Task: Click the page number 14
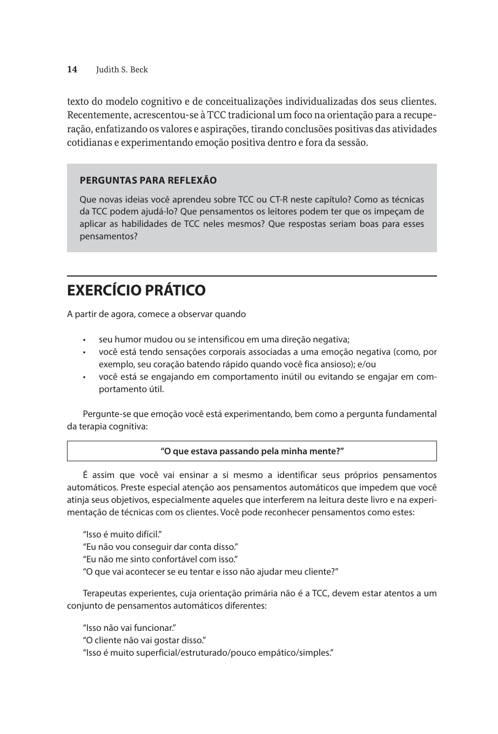pos(72,69)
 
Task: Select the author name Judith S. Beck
pos(122,70)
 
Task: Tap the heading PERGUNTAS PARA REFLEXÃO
pos(148,180)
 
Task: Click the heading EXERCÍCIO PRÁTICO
pos(136,290)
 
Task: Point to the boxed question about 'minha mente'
pos(252,451)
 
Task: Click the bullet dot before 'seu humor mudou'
pos(84,340)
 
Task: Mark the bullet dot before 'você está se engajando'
pos(84,377)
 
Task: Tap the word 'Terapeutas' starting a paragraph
pos(106,593)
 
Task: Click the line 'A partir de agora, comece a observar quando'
pos(156,314)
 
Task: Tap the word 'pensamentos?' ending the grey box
pos(109,236)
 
